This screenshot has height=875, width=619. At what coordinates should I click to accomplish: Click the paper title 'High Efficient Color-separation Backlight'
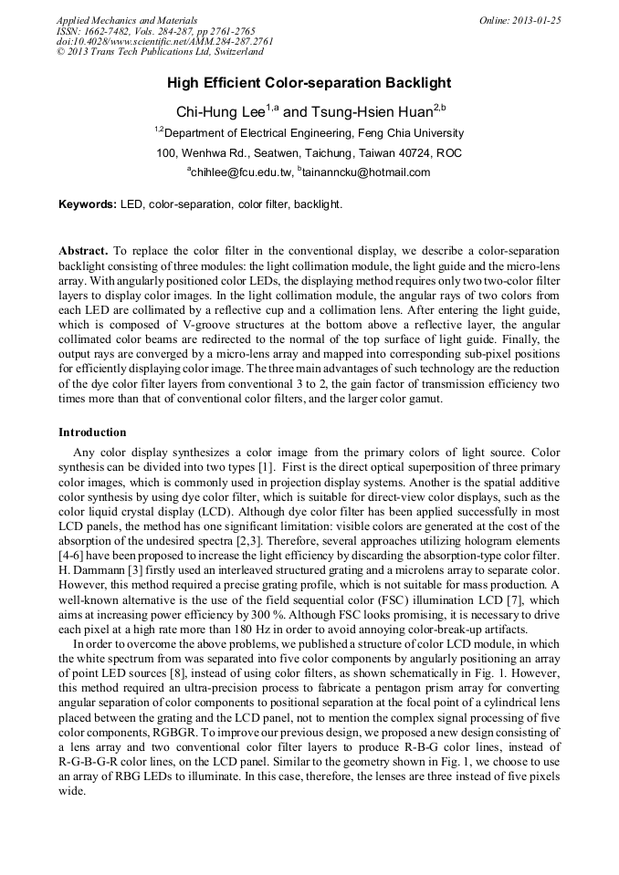pyautogui.click(x=309, y=83)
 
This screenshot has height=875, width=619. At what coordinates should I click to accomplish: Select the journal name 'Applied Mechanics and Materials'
pyautogui.click(x=126, y=20)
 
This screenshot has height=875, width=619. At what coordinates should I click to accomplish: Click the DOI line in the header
pyautogui.click(x=164, y=42)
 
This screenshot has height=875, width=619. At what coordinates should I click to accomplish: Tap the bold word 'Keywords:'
pyautogui.click(x=88, y=204)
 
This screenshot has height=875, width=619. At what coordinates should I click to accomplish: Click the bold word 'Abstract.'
pyautogui.click(x=84, y=250)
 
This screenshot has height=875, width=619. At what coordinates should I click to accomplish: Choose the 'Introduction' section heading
pyautogui.click(x=92, y=432)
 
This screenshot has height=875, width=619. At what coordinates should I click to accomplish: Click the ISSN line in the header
pyautogui.click(x=156, y=31)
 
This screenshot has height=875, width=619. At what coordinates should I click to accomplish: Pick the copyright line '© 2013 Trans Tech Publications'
pyautogui.click(x=159, y=53)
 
